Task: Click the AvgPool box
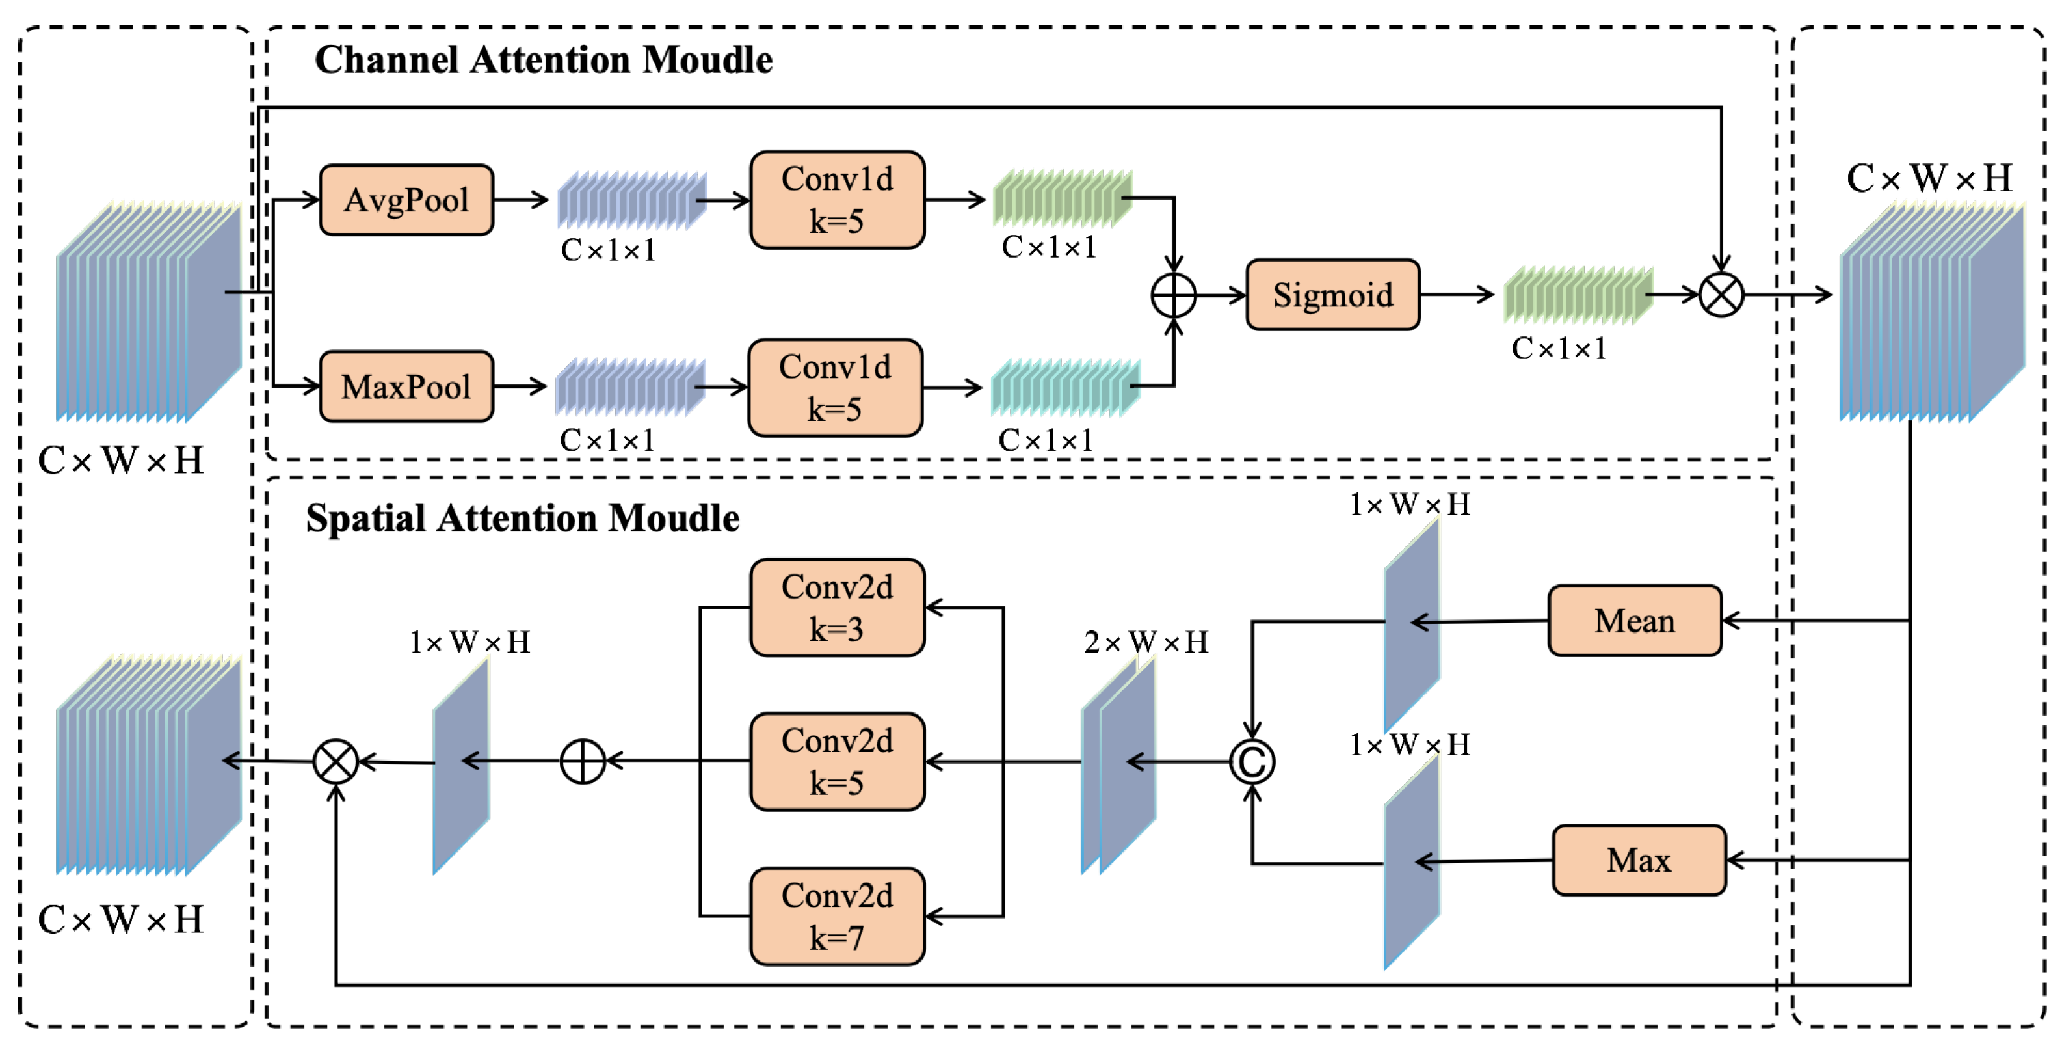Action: pyautogui.click(x=406, y=200)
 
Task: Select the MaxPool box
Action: pyautogui.click(x=406, y=386)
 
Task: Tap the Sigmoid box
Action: pyautogui.click(x=1333, y=295)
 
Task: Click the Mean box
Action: pyautogui.click(x=1635, y=621)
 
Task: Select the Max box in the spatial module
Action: pyautogui.click(x=1639, y=860)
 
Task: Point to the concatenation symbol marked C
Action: pyautogui.click(x=1252, y=761)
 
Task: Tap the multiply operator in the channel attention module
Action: pyautogui.click(x=1721, y=295)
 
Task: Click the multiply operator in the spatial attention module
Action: pyautogui.click(x=336, y=761)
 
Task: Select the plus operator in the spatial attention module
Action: pyautogui.click(x=583, y=761)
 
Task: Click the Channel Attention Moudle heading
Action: pyautogui.click(x=544, y=60)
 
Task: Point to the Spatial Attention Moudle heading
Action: pyautogui.click(x=523, y=518)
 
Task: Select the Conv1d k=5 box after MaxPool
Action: pyautogui.click(x=835, y=388)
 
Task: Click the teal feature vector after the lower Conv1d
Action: pyautogui.click(x=1064, y=388)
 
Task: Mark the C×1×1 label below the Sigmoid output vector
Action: pyautogui.click(x=1559, y=348)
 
